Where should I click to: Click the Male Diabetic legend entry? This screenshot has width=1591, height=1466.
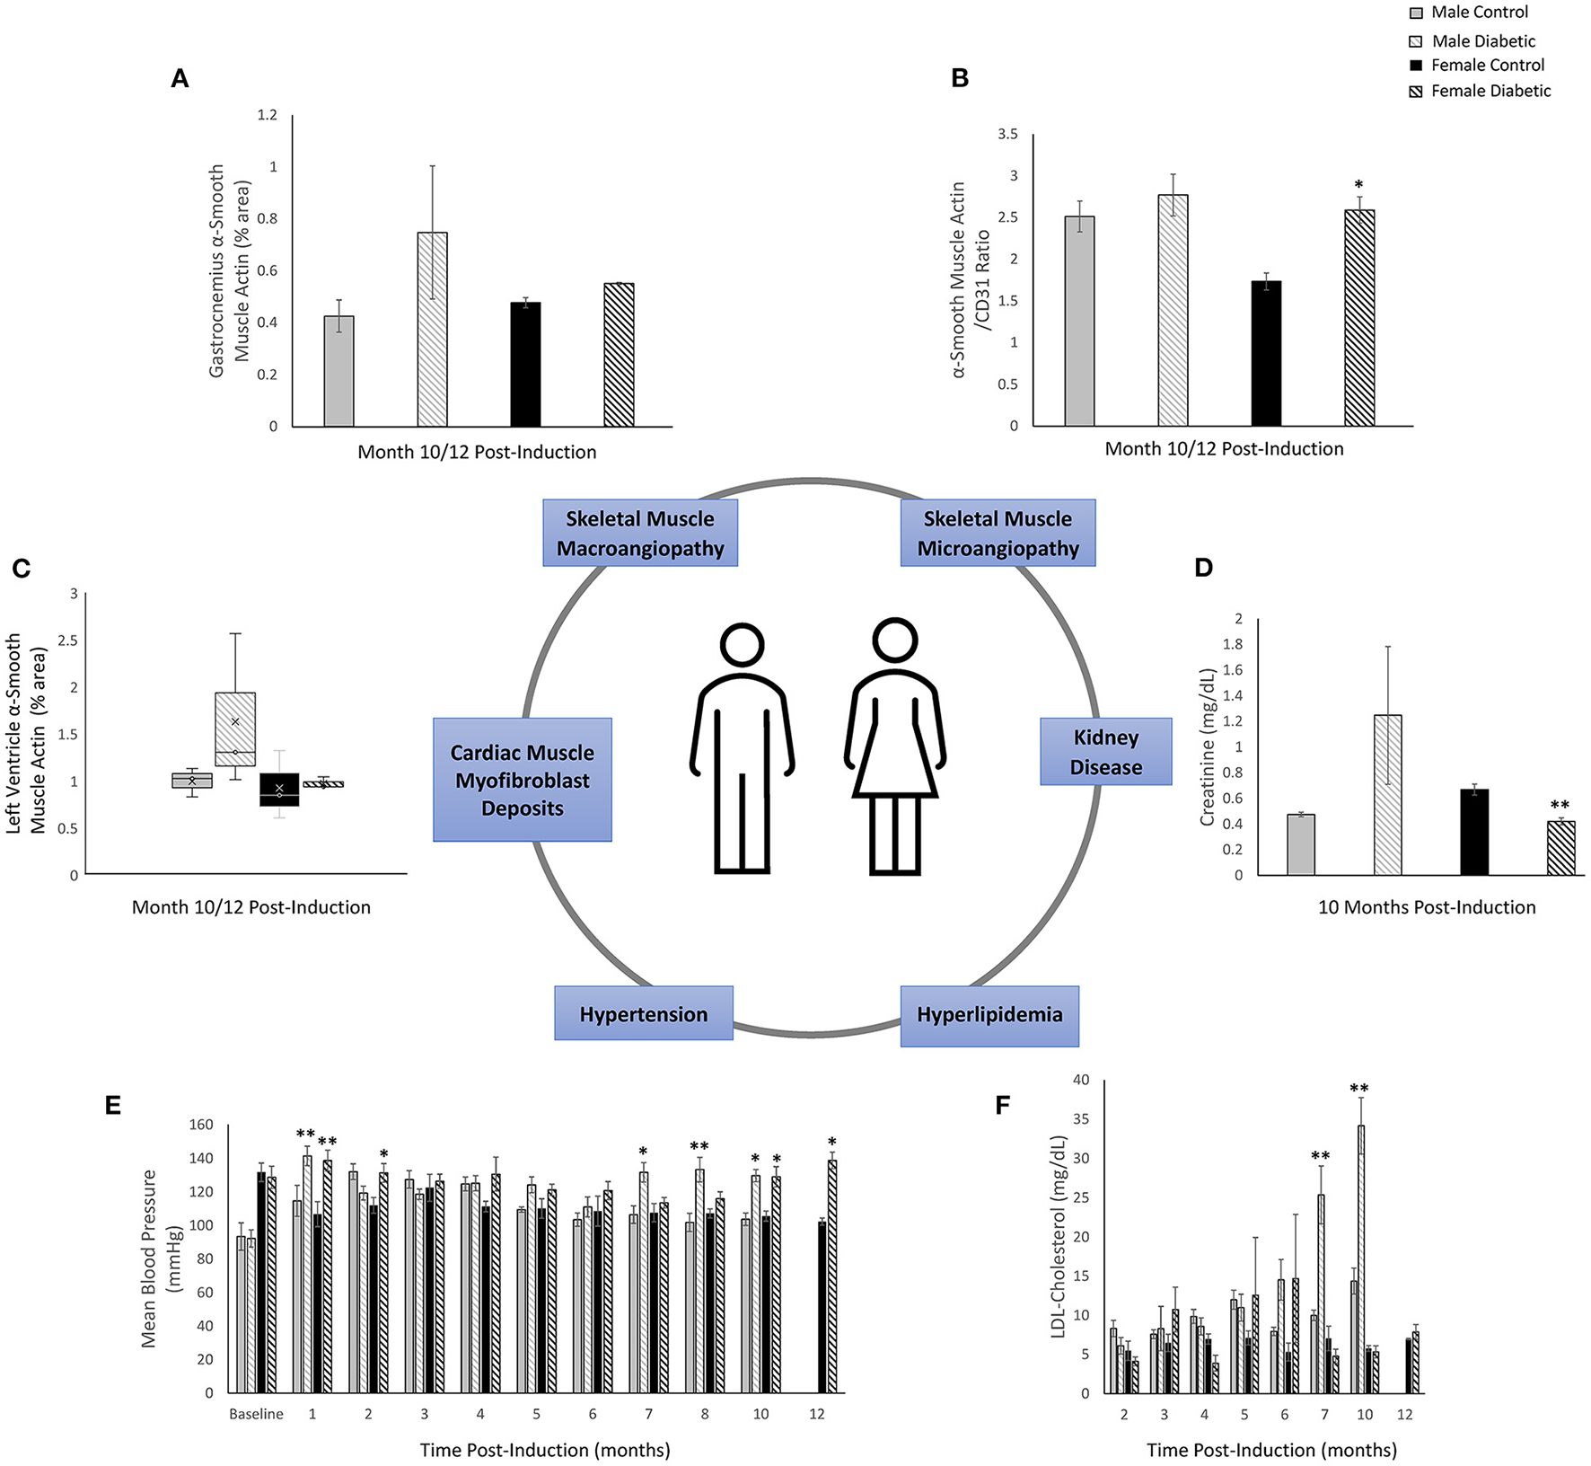click(1482, 41)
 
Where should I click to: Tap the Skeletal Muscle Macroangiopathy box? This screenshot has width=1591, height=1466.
click(640, 533)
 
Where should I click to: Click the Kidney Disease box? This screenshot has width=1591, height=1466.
click(1105, 752)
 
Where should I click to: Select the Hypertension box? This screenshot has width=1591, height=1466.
click(643, 1014)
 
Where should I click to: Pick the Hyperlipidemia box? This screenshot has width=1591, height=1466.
click(989, 1015)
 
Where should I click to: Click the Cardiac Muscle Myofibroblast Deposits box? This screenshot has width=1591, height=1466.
click(523, 780)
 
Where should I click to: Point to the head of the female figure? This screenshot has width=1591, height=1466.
click(894, 640)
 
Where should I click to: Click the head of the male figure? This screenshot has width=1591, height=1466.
click(742, 645)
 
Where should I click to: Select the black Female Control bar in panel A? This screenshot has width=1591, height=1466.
click(525, 365)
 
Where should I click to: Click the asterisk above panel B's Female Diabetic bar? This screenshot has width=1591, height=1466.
click(1358, 186)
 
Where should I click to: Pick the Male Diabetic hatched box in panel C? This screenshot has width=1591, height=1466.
click(235, 729)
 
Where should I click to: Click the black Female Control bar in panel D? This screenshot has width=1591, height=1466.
click(1474, 832)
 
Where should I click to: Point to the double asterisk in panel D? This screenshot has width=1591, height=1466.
click(1560, 806)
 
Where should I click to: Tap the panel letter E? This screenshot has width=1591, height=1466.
click(112, 1106)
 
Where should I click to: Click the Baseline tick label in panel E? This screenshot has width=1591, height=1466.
click(256, 1414)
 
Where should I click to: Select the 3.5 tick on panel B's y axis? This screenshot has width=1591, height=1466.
click(1007, 135)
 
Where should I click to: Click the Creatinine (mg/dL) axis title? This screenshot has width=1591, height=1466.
click(1207, 746)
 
